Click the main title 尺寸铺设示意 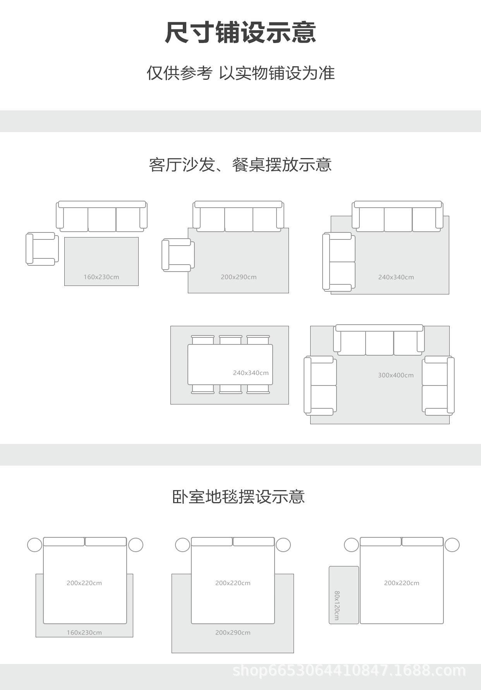pos(240,32)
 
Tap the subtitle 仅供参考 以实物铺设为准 pos(240,73)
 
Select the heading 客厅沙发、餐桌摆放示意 pos(240,165)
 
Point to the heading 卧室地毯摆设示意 pos(239,497)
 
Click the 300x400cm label pos(395,375)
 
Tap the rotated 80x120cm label pos(337,605)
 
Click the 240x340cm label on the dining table pos(251,373)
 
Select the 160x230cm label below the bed pos(84,632)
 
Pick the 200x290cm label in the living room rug pos(239,277)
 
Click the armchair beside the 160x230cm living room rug pos(42,249)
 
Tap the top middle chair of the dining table pos(230,340)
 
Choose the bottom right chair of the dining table pos(258,389)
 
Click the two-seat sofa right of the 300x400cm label pos(438,385)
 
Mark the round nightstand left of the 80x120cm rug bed pos(351,545)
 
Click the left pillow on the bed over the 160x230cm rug pos(64,542)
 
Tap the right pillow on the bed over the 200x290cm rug pos(254,542)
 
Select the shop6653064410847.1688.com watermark pos(349,670)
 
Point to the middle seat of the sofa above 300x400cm pos(380,343)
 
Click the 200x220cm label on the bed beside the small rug pos(402,583)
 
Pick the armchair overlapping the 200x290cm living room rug pos(178,255)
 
